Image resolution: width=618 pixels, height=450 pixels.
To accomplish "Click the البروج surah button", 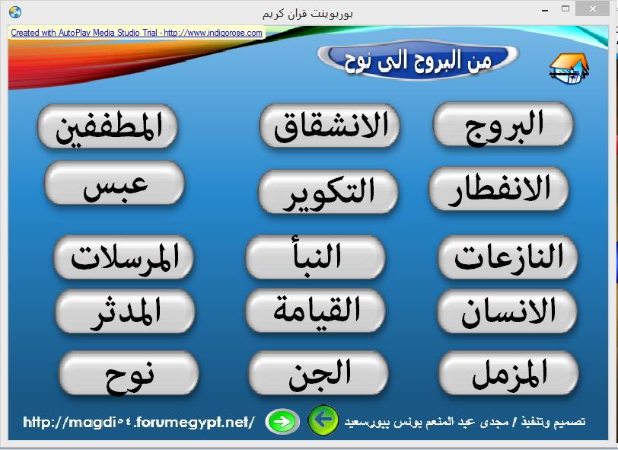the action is (x=503, y=124).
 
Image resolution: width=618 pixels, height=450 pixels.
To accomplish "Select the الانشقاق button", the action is (x=330, y=126).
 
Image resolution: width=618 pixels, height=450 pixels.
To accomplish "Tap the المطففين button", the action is (x=107, y=126).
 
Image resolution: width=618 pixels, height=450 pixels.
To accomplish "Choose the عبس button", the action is (x=114, y=183).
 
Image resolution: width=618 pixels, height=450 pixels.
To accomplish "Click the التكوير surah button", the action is (x=328, y=192).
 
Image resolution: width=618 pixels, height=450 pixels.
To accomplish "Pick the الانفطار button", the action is (x=499, y=189).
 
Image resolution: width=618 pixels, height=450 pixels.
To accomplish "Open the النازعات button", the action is (x=508, y=257).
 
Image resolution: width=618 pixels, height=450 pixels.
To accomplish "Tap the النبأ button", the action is (x=315, y=257).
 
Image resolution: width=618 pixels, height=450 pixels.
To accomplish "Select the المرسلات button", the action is (x=124, y=257).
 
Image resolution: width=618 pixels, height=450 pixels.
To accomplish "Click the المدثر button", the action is (x=126, y=311).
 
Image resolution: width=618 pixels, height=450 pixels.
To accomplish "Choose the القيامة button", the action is (x=315, y=311).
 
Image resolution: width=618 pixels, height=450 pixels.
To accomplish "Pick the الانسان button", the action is (x=507, y=311).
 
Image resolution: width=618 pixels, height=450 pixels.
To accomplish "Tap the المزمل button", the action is (x=509, y=373).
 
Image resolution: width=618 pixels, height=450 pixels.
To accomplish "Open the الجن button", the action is (x=318, y=373).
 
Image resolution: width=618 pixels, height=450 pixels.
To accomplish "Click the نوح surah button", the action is (x=129, y=373).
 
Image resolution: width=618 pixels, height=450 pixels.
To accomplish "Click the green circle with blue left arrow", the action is (x=323, y=420).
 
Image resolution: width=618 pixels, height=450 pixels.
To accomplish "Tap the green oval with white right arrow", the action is (x=282, y=422).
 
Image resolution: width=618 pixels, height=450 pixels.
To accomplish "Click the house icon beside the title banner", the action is (x=569, y=68).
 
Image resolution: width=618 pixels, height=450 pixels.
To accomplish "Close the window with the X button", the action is (x=592, y=8).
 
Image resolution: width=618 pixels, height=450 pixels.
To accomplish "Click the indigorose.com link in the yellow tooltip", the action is (x=213, y=33).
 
